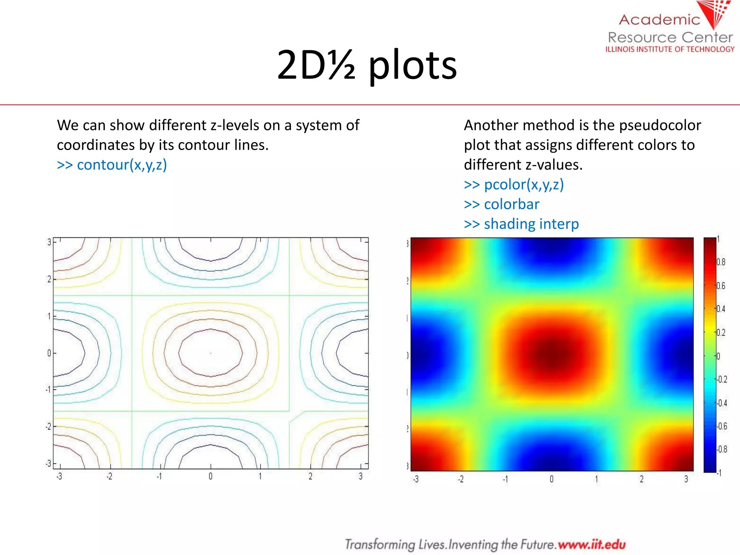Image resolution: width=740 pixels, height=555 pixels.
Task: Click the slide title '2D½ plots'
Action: [367, 65]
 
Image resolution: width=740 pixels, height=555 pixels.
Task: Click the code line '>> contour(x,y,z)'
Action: [112, 165]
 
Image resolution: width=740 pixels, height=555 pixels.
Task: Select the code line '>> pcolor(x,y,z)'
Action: [514, 185]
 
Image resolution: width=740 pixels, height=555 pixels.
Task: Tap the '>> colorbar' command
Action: [502, 205]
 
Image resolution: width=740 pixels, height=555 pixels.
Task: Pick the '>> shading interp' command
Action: [521, 224]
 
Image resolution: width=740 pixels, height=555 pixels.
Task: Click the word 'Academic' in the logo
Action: [659, 20]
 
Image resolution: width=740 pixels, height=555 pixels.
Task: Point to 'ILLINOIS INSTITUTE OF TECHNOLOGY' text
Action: [670, 49]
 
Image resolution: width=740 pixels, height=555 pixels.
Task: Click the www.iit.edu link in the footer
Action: [591, 544]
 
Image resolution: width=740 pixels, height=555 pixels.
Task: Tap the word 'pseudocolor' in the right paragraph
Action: [660, 125]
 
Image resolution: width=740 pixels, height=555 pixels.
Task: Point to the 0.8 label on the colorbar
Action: [721, 262]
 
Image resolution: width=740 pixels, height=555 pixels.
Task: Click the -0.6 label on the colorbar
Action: [722, 426]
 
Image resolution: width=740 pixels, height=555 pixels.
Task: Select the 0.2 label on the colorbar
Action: [721, 332]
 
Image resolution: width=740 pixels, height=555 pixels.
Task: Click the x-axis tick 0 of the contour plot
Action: [211, 477]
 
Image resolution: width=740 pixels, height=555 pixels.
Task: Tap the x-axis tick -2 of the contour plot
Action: [109, 477]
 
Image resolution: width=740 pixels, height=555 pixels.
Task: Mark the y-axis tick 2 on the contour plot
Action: [49, 279]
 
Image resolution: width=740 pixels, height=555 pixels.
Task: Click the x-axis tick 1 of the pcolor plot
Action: [597, 479]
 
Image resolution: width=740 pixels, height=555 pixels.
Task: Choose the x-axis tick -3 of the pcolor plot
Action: [416, 479]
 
